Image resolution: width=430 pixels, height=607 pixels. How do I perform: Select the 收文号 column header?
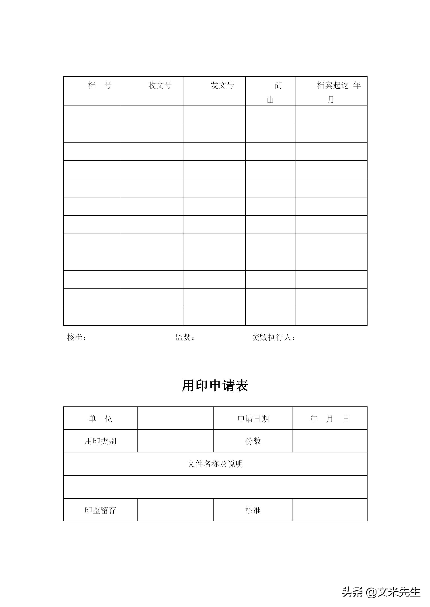click(x=160, y=85)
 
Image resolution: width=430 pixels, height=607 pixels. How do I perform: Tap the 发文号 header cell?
click(x=222, y=85)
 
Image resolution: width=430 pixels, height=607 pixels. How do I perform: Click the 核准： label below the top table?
click(x=77, y=338)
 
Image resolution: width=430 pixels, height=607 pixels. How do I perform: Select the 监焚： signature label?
click(x=185, y=338)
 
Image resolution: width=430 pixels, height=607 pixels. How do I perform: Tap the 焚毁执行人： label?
click(x=273, y=338)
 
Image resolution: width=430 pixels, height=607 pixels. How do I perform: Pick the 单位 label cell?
click(x=100, y=419)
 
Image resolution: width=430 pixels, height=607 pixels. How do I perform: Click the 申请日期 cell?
click(x=253, y=419)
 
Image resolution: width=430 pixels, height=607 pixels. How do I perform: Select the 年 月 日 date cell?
click(x=330, y=419)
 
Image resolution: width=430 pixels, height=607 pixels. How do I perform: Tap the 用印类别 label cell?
click(x=100, y=441)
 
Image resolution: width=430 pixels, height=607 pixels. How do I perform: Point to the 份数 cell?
click(x=253, y=441)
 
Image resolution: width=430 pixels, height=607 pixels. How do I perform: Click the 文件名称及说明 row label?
click(x=215, y=464)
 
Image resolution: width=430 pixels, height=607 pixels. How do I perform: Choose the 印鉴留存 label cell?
click(x=100, y=510)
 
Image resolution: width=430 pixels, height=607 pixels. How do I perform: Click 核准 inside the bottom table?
click(x=253, y=510)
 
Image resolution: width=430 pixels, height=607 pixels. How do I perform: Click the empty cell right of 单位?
click(x=175, y=419)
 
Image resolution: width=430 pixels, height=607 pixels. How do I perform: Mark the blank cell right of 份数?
click(x=330, y=441)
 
